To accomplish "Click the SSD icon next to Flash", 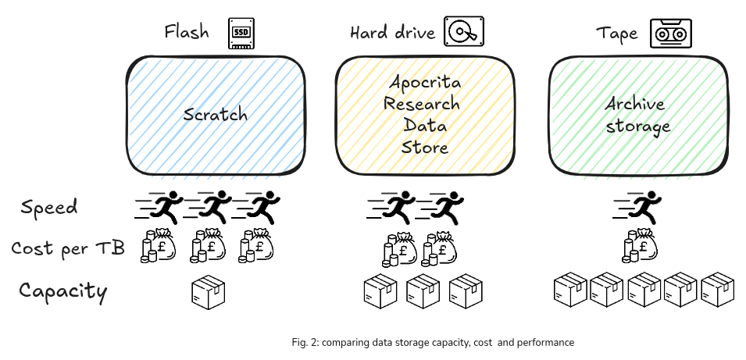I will point(242,34).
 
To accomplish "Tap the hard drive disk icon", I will point(464,33).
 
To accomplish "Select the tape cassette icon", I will point(673,34).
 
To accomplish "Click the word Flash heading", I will point(187,33).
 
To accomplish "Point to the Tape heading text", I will point(617,34).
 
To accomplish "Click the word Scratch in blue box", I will point(215,115).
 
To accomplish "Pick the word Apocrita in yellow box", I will point(425,82).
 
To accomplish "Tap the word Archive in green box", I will point(634,105).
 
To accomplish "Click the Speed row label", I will point(49,207).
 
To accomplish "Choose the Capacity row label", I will point(62,291).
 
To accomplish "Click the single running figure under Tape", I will point(639,206).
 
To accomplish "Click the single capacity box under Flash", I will point(208,291).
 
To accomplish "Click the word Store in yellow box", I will point(425,147).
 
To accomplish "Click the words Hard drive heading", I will point(393,33).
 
